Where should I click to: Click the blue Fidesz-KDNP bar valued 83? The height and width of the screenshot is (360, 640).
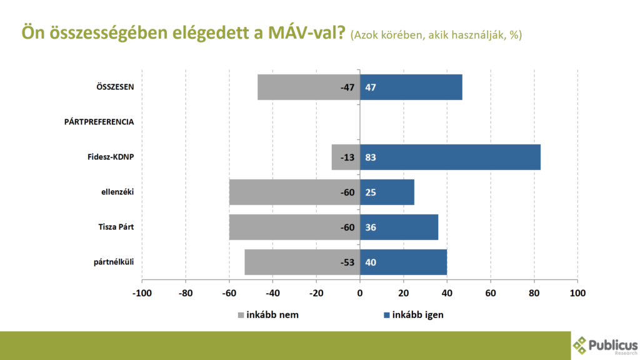450,157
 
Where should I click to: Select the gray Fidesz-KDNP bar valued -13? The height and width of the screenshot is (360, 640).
346,157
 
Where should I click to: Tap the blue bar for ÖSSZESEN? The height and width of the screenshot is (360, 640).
411,87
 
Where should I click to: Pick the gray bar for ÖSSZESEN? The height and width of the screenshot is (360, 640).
309,87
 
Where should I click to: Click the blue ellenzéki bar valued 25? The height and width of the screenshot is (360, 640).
387,192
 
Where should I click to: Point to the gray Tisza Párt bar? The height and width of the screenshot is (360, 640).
294,227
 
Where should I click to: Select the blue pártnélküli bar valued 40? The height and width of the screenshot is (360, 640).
403,262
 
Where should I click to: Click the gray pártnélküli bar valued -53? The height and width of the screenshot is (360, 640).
302,262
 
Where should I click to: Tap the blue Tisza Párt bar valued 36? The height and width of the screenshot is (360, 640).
399,227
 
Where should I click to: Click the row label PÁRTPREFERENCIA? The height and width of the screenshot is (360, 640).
99,122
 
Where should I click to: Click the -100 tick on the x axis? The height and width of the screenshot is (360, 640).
142,292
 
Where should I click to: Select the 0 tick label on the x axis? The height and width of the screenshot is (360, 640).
360,292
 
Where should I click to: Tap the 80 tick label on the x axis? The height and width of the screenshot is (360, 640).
534,292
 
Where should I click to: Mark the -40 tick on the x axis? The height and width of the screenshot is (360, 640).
272,292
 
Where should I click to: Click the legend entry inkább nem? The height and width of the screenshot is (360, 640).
268,314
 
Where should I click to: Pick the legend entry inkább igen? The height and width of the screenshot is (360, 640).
413,314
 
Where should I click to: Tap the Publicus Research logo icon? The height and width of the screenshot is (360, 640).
581,344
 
